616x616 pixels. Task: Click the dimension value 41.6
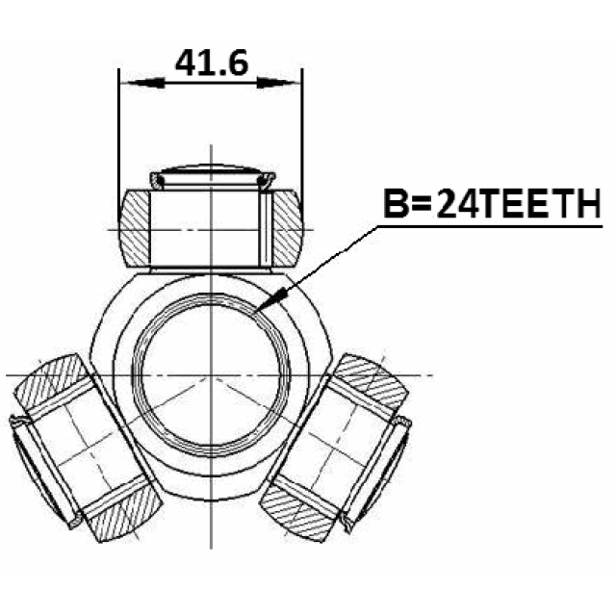click(x=212, y=63)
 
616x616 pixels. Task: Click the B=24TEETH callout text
click(x=492, y=203)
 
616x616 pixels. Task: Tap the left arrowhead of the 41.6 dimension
click(x=142, y=83)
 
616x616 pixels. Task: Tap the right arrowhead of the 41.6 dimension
click(x=278, y=83)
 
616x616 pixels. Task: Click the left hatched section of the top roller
click(x=134, y=229)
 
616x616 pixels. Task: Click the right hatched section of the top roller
click(x=288, y=229)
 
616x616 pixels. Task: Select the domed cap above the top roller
click(x=212, y=176)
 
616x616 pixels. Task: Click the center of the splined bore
click(x=212, y=375)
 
